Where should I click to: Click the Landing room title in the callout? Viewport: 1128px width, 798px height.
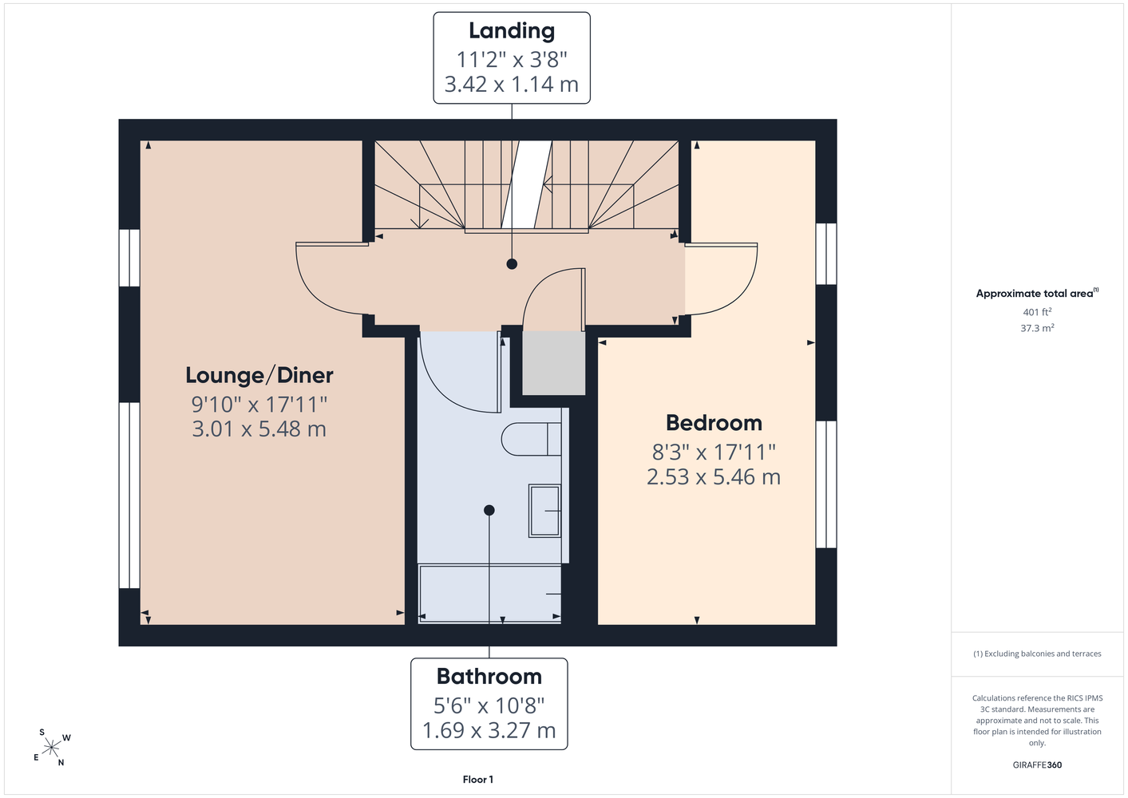512,30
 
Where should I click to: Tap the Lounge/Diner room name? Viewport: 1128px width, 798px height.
259,375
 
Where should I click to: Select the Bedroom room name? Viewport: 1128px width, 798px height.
714,423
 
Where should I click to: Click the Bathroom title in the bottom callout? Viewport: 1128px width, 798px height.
489,676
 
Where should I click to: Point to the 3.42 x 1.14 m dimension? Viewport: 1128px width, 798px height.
512,84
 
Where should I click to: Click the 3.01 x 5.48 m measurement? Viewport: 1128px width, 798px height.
259,429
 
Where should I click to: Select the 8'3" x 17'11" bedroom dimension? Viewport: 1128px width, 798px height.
714,452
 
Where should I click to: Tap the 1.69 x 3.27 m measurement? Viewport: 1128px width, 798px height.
489,730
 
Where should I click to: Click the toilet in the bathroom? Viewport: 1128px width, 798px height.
531,439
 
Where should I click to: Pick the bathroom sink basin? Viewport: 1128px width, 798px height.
545,511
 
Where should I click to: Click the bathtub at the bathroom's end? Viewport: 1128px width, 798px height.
489,594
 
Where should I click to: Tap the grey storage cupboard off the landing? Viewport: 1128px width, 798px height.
553,363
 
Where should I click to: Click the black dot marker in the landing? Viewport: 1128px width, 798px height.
512,264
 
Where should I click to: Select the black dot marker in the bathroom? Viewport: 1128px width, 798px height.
489,510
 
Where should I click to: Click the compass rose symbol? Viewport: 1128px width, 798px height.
51,747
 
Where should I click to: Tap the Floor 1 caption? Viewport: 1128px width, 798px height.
478,780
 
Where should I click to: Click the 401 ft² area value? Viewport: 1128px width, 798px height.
1037,312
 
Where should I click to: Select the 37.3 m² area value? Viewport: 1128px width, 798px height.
1037,328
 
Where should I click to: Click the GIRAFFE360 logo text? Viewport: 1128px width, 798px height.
1037,764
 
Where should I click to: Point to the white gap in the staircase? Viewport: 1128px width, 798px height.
526,184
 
